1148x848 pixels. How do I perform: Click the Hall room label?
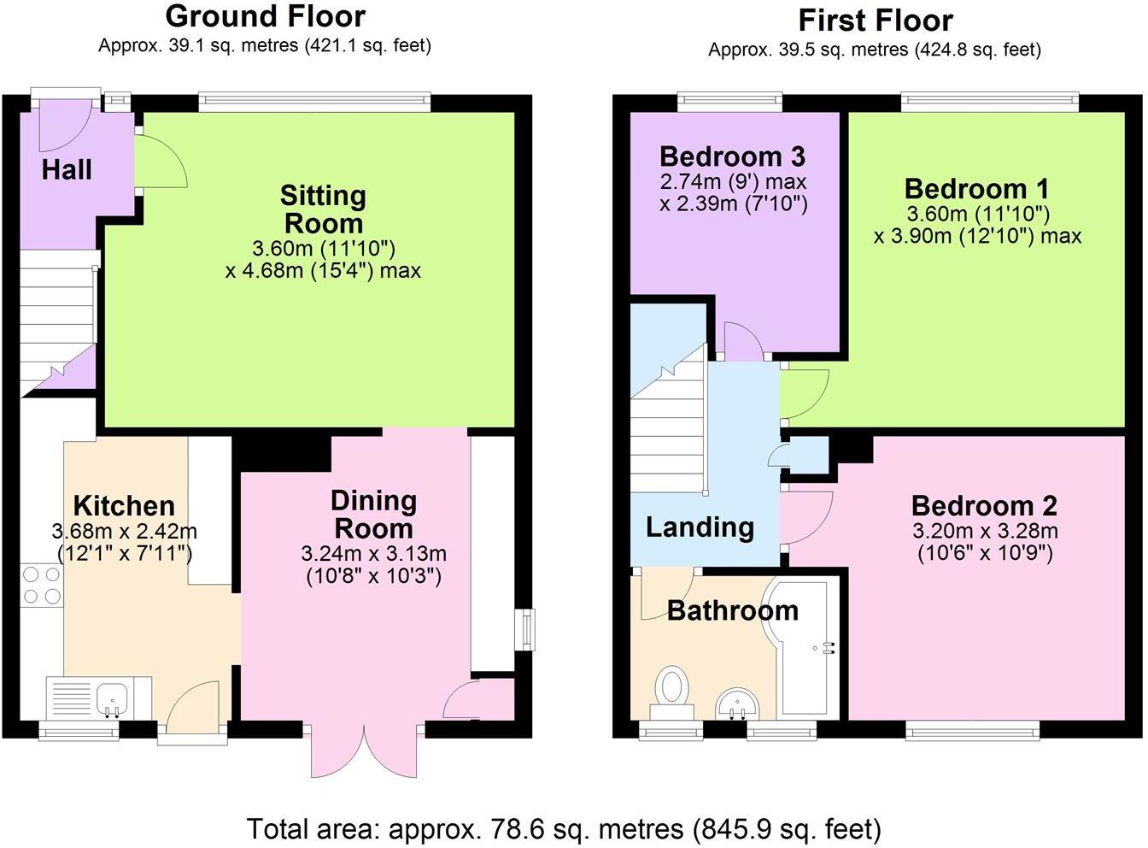pos(67,169)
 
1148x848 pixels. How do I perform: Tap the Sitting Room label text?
pos(323,209)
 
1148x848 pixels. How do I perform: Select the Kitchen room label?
pos(124,505)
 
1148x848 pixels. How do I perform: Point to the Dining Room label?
pos(373,514)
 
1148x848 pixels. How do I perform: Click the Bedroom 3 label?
pos(732,156)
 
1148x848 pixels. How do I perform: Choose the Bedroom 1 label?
pos(976,188)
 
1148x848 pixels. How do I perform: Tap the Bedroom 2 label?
pos(984,506)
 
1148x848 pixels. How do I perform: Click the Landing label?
pos(700,527)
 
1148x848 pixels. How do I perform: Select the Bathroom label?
pos(732,610)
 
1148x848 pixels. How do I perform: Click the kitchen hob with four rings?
pos(42,586)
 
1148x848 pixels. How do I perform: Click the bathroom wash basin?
pos(737,704)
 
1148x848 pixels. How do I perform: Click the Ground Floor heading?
pos(265,16)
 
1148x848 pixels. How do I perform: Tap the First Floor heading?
pos(875,20)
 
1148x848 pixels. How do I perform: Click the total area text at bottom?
pos(564,828)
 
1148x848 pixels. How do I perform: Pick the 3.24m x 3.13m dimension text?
pos(373,554)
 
